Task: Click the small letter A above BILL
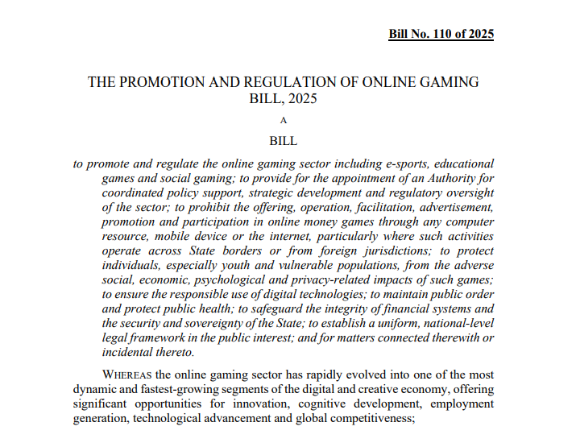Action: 283,120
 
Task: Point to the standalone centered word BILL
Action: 283,140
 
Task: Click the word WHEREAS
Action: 127,375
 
